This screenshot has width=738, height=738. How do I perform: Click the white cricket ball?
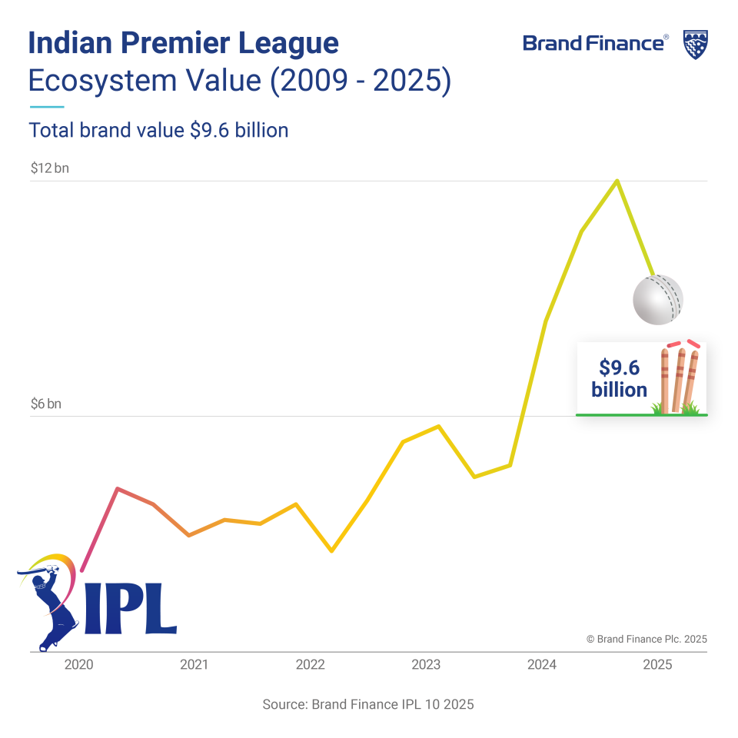tap(657, 299)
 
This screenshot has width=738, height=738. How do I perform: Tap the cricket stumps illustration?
tap(680, 381)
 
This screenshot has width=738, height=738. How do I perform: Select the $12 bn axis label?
tap(50, 168)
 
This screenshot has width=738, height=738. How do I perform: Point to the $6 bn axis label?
tap(46, 404)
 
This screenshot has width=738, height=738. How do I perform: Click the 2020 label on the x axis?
tap(78, 665)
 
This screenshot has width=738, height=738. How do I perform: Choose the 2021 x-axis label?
tap(194, 665)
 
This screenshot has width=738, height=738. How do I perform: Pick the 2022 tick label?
tap(310, 665)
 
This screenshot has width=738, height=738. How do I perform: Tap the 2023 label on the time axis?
tap(426, 665)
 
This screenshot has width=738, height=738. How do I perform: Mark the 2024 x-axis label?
tap(542, 665)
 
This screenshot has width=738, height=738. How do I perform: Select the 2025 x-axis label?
tap(657, 665)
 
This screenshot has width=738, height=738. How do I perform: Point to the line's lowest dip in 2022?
tap(331, 551)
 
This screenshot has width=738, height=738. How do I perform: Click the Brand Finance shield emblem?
tap(695, 45)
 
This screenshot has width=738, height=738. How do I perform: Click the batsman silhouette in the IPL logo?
tap(51, 603)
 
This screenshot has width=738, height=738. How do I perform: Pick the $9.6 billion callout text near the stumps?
tap(619, 378)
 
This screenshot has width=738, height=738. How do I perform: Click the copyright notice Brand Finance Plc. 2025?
tap(646, 639)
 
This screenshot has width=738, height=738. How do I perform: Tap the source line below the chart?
tap(368, 704)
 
